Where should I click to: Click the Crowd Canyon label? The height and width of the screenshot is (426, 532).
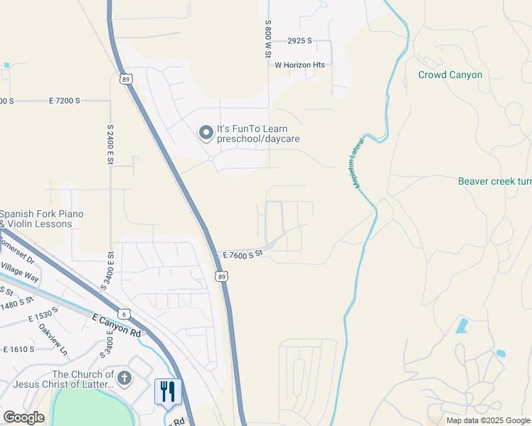tap(450, 75)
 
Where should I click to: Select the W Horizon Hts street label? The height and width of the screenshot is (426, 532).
tap(299, 65)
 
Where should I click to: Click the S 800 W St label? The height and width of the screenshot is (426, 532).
tap(269, 40)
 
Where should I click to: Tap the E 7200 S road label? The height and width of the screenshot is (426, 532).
tap(65, 102)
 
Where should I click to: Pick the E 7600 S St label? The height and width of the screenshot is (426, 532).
tap(243, 254)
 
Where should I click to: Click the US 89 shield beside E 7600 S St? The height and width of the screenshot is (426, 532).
tap(223, 276)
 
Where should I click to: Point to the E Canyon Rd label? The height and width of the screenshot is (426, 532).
tap(117, 326)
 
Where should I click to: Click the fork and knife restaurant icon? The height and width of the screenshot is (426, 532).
tap(169, 391)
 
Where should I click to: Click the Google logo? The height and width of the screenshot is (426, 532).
tap(23, 417)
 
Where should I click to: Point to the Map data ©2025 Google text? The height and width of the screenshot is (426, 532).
tap(487, 420)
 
